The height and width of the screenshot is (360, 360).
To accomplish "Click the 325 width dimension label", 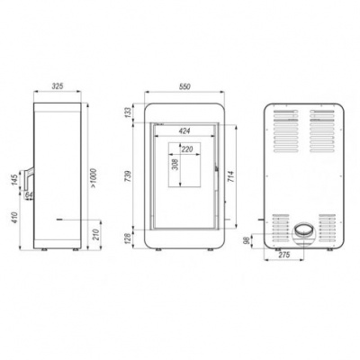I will pyautogui.click(x=58, y=88).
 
